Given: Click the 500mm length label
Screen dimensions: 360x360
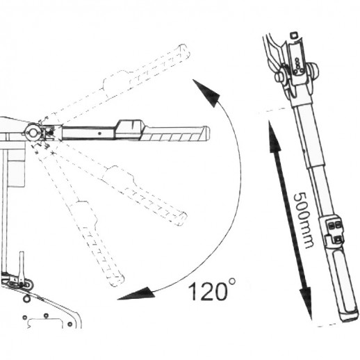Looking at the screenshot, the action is coord(304,220).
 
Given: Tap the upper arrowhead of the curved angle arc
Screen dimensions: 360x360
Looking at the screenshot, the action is coord(206,93).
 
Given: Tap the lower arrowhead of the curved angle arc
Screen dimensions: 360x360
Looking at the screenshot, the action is coord(136,294).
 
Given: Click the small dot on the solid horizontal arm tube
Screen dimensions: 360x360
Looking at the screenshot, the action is coord(99,133).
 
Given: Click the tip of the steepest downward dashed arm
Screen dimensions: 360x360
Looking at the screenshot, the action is coord(117,279).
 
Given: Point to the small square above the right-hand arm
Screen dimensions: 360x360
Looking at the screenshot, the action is coord(293,35).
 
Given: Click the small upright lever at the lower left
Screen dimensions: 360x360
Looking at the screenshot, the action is coord(22,266).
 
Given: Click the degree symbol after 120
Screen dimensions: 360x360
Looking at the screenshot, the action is coord(232,281).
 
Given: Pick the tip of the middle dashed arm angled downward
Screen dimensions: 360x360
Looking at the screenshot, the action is coord(182,218).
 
